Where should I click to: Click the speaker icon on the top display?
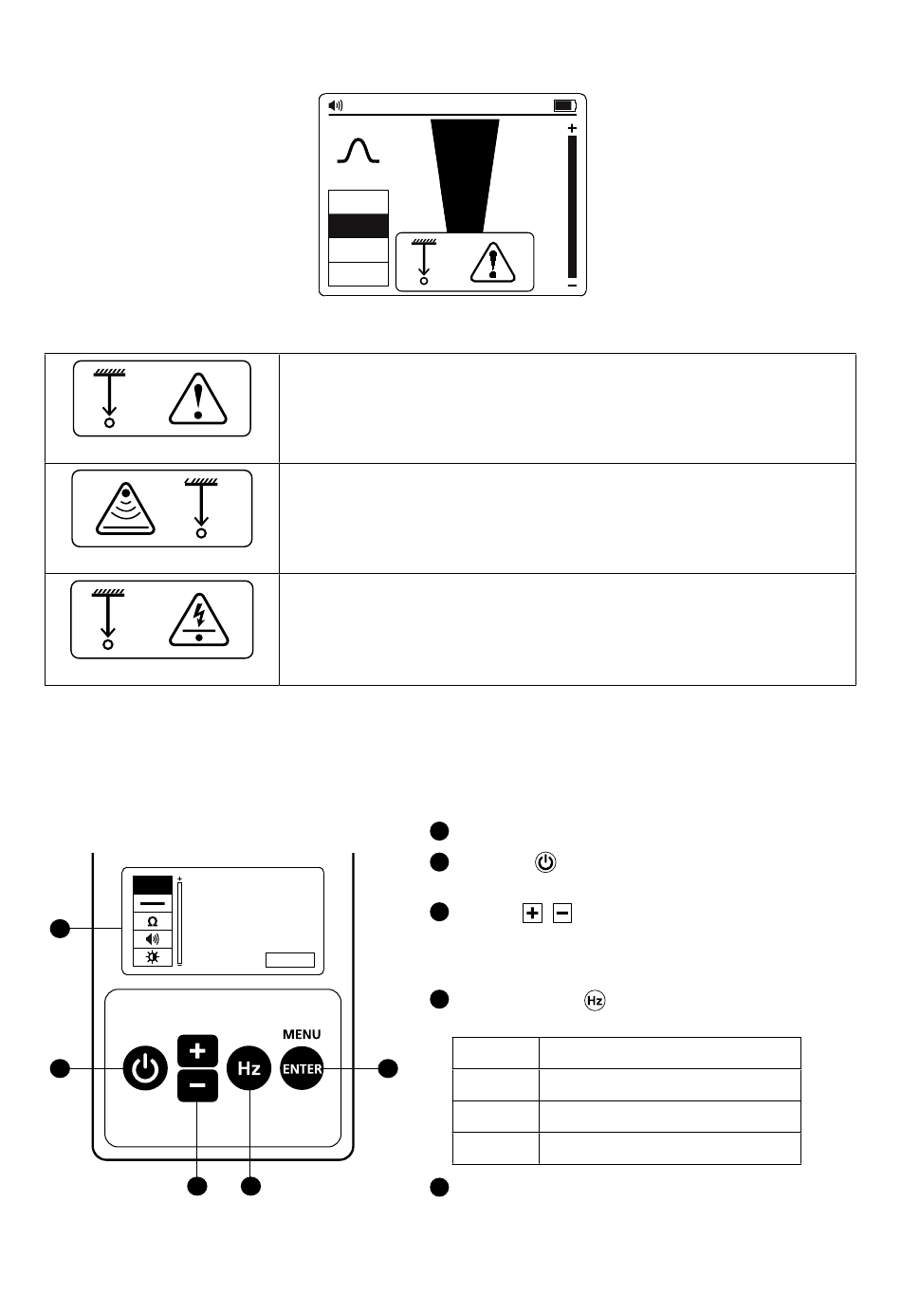click(x=336, y=105)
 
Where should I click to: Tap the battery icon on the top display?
click(x=565, y=105)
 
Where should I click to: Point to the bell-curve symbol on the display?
click(x=359, y=151)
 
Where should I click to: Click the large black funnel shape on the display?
click(x=465, y=176)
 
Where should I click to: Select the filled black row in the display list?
click(x=359, y=226)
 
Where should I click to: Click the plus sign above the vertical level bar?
click(x=572, y=128)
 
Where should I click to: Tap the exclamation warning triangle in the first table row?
click(x=198, y=398)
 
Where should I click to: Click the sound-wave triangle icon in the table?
click(x=125, y=508)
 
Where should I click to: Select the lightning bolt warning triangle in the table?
click(x=198, y=619)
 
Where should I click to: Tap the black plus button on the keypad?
click(x=197, y=1051)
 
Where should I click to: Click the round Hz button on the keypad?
click(x=248, y=1068)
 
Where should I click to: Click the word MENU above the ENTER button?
click(x=302, y=1034)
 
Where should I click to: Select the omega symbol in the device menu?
click(x=153, y=921)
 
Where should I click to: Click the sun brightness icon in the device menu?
click(x=153, y=957)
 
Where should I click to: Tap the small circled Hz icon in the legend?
click(x=595, y=1001)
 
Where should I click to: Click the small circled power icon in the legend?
click(x=545, y=862)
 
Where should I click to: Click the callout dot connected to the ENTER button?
click(x=388, y=1069)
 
